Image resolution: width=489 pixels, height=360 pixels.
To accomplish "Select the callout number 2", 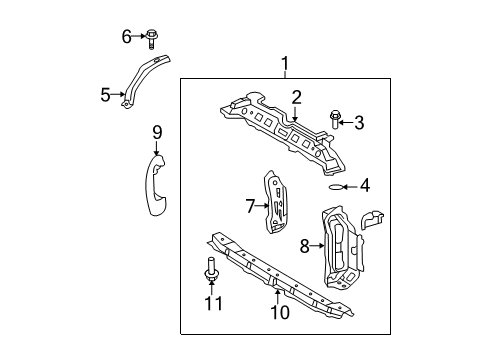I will click(x=296, y=97).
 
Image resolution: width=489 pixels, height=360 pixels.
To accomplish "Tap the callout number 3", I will click(x=359, y=124).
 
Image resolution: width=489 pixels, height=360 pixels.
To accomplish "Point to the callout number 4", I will click(x=365, y=184).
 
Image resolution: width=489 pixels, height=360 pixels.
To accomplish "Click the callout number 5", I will click(x=105, y=96).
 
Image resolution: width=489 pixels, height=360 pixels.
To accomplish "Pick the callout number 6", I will click(x=127, y=37).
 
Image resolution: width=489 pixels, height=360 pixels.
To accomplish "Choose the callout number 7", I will click(x=250, y=207).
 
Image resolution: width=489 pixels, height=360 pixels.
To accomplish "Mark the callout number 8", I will click(x=305, y=245).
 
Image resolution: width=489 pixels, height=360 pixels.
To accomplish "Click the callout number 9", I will click(x=156, y=131).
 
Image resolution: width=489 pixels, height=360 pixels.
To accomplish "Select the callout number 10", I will click(x=280, y=313).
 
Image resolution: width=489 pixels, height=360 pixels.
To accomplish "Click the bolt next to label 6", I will click(x=149, y=38).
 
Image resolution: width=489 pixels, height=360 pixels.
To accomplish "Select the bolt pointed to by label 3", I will click(x=335, y=122).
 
